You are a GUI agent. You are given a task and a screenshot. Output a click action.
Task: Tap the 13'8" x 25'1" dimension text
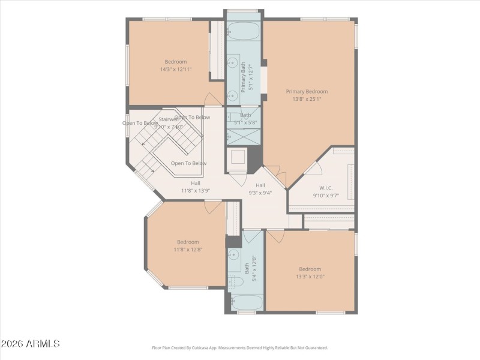click(307, 99)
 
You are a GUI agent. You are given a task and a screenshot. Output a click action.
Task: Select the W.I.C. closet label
click(326, 187)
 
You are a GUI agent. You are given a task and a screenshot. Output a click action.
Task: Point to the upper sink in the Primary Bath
click(232, 62)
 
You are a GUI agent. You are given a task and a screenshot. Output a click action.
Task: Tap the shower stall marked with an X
click(243, 136)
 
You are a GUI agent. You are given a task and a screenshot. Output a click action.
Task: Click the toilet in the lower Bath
click(235, 281)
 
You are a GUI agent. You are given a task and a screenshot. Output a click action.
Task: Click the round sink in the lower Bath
click(233, 255)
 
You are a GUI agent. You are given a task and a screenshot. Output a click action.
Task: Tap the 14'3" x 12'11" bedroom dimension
click(176, 70)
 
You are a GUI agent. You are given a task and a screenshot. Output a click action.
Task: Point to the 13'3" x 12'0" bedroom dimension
click(310, 277)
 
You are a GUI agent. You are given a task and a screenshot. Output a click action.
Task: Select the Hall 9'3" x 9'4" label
click(260, 190)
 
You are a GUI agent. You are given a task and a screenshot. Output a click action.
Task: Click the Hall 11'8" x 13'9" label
click(196, 187)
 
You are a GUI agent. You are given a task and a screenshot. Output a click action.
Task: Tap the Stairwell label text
click(169, 119)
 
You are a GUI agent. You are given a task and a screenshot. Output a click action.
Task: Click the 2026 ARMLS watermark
click(30, 344)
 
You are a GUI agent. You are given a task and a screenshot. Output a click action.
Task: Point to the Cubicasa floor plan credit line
click(239, 347)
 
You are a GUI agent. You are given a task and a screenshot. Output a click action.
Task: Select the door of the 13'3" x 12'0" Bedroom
click(275, 236)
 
